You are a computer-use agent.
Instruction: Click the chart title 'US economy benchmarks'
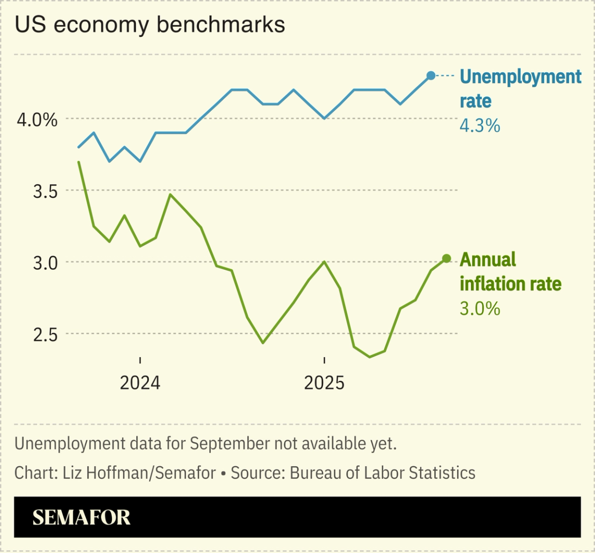150,25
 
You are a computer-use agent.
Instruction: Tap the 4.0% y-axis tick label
37,120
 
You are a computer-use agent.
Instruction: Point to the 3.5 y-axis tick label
45,192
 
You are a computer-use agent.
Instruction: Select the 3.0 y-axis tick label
45,263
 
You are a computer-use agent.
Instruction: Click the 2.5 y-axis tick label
45,335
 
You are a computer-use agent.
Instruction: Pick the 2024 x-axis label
140,383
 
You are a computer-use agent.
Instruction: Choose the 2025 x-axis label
324,383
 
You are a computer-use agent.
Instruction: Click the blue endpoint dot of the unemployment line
431,76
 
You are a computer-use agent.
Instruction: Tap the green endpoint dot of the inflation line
447,258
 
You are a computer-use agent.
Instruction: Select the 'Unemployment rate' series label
520,88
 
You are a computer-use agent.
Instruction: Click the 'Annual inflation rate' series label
510,271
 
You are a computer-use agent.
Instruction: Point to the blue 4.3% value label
480,126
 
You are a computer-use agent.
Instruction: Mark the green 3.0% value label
480,309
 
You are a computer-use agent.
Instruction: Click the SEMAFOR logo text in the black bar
82,517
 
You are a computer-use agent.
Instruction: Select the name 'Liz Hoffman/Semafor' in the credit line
139,472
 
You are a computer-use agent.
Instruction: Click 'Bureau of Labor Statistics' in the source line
382,472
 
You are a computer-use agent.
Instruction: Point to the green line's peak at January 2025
324,262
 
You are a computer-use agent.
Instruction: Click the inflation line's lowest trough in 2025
369,357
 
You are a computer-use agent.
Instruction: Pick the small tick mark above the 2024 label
140,360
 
